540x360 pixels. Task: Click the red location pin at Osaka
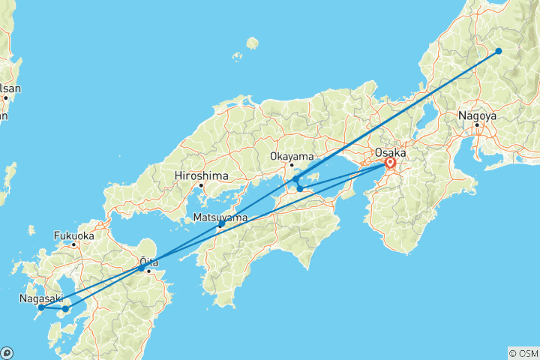(390, 163)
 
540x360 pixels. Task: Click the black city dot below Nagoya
(477, 124)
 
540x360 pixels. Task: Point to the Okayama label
(291, 157)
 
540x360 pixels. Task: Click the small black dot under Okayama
(292, 165)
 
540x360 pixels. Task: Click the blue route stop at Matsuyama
(221, 224)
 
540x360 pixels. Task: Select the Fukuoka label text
(73, 235)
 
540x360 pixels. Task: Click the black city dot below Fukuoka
(73, 244)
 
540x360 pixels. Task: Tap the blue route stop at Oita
(142, 268)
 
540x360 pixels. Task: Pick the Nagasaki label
(36, 298)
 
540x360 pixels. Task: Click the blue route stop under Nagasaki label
(41, 307)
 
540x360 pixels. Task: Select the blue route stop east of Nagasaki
(65, 308)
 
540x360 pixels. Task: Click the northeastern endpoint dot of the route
(499, 51)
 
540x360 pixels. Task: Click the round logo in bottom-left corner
(7, 352)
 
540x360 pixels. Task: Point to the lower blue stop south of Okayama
(300, 188)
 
